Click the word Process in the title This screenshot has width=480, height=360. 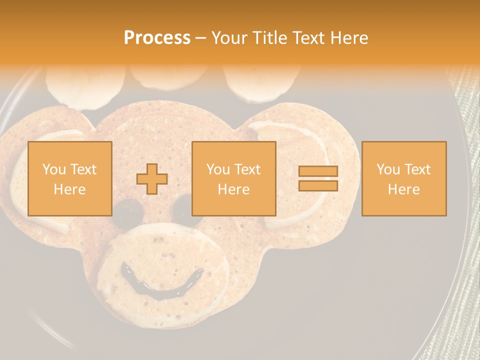pyautogui.click(x=157, y=38)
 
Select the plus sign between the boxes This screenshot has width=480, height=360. pyautogui.click(x=152, y=179)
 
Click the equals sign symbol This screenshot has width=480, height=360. pyautogui.click(x=318, y=178)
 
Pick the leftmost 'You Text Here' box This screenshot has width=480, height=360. pyautogui.click(x=69, y=178)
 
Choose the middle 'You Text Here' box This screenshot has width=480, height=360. pyautogui.click(x=233, y=178)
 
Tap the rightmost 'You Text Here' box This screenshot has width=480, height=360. pyautogui.click(x=403, y=178)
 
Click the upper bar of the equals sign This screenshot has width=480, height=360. pyautogui.click(x=318, y=171)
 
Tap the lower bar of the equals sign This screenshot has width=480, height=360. pyautogui.click(x=318, y=185)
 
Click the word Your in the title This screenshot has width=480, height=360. pyautogui.click(x=230, y=38)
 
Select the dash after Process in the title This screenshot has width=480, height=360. pyautogui.click(x=200, y=38)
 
